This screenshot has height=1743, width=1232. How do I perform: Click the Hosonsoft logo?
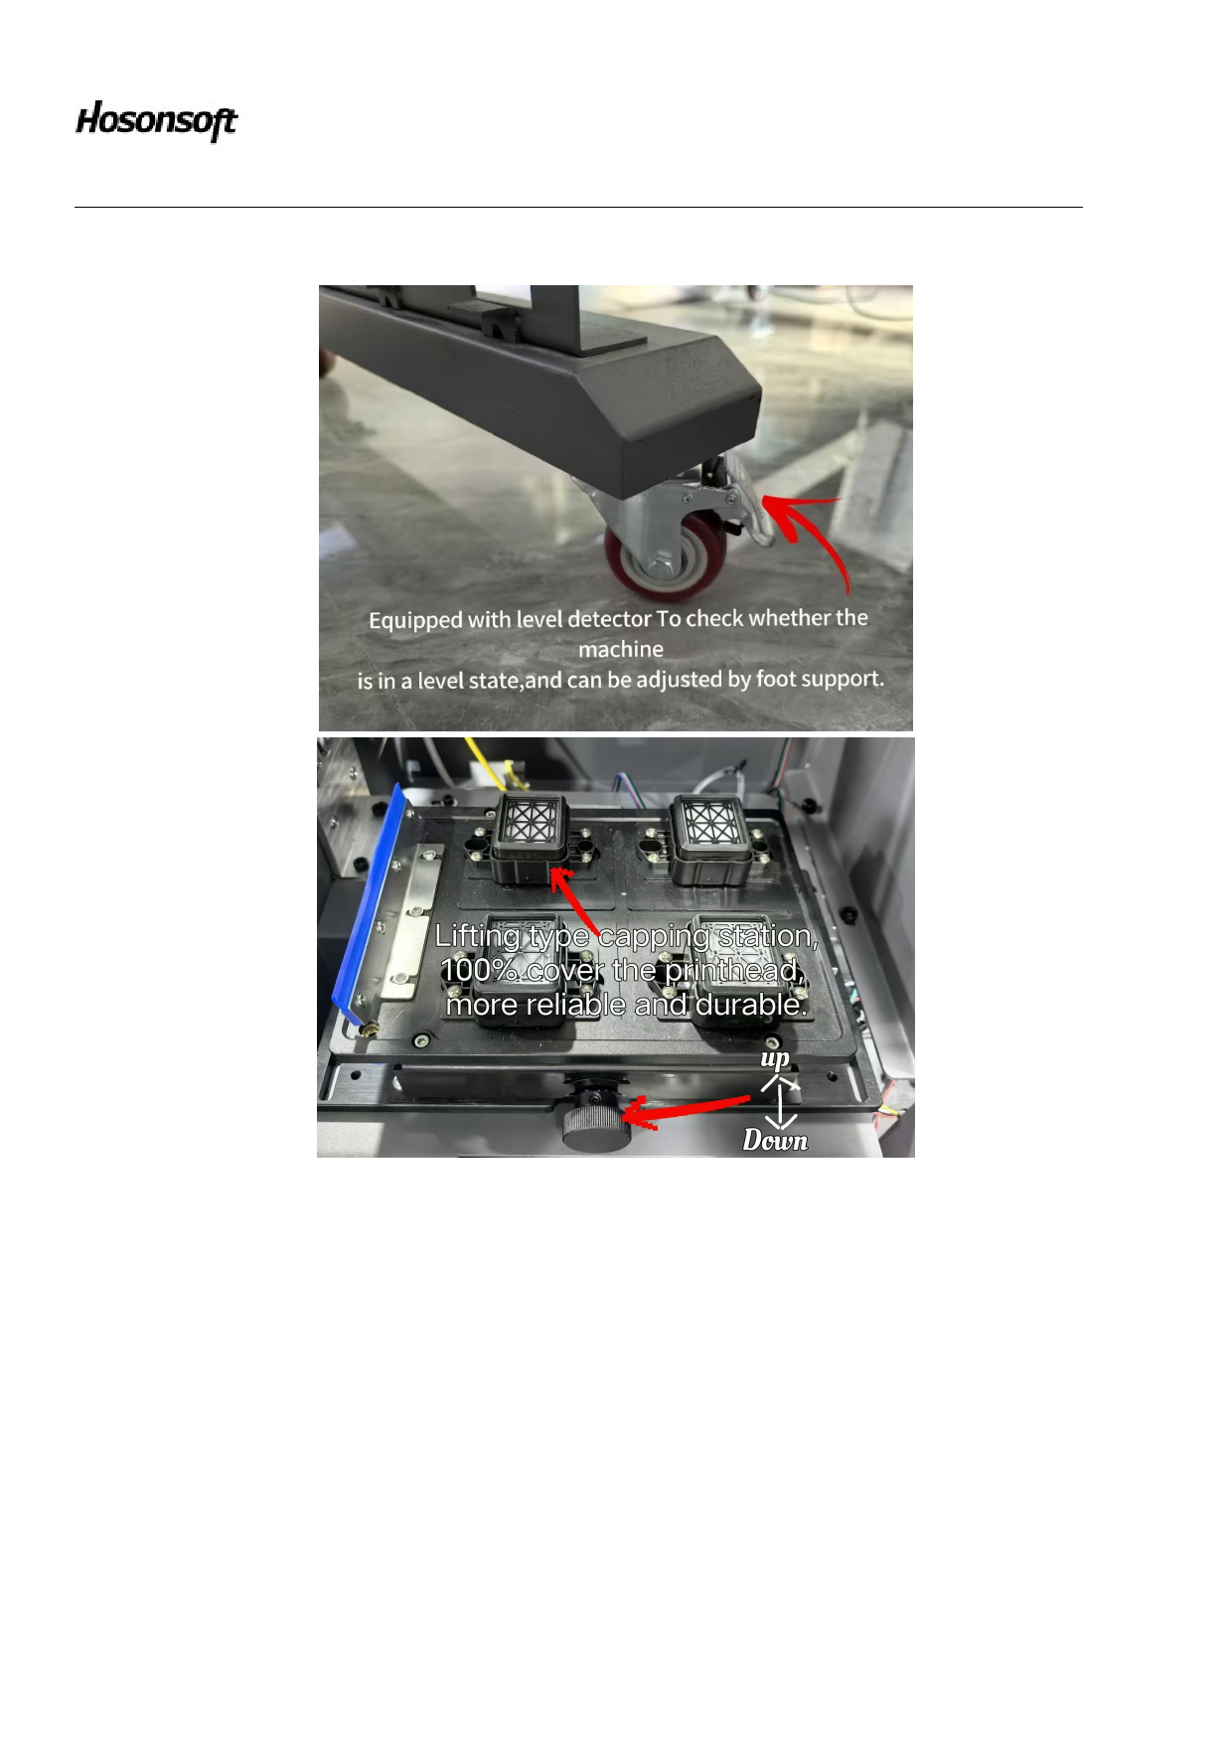[157, 121]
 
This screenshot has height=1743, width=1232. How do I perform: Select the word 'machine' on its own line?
[621, 649]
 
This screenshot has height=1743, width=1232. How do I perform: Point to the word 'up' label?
[775, 1058]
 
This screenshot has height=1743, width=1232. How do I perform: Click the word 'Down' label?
[775, 1140]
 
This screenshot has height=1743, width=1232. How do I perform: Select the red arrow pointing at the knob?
[686, 1110]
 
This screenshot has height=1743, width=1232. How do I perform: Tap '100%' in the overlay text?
[480, 970]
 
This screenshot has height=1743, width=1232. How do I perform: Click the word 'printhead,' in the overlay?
[734, 971]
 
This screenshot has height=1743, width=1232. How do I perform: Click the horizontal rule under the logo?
[578, 207]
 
